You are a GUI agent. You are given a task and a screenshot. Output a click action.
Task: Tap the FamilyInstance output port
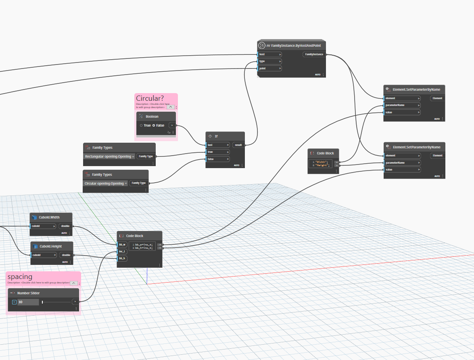(x=314, y=54)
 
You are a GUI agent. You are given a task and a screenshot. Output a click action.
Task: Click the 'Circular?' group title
(x=150, y=98)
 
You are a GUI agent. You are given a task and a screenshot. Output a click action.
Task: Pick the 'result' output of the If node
(x=238, y=145)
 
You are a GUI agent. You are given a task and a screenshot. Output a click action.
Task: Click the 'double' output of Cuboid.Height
(x=66, y=255)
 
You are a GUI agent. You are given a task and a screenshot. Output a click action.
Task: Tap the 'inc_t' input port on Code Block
(x=122, y=251)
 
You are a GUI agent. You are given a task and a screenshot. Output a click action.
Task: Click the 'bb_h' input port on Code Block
(x=122, y=258)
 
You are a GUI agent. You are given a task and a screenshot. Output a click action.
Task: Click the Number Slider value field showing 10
(x=28, y=302)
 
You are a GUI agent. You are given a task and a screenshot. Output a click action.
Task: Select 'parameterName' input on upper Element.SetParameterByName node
(x=401, y=105)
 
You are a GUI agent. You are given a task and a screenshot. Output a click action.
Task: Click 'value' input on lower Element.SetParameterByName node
(x=401, y=170)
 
